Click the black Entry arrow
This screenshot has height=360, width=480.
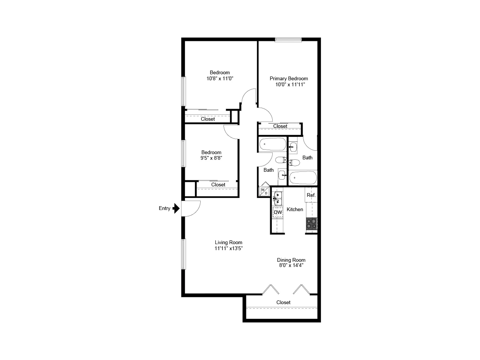(x=176, y=208)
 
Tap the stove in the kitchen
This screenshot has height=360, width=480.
(x=311, y=223)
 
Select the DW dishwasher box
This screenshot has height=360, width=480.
(x=278, y=212)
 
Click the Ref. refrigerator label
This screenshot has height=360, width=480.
(x=311, y=195)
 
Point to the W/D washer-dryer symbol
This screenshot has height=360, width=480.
(x=264, y=191)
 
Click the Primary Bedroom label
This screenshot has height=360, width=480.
(x=289, y=78)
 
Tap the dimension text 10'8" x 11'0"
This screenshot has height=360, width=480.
(x=220, y=78)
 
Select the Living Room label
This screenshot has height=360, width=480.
(x=228, y=242)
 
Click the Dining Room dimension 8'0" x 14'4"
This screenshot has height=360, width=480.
(x=291, y=265)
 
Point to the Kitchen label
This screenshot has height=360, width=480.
(x=295, y=209)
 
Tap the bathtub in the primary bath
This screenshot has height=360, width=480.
(x=303, y=178)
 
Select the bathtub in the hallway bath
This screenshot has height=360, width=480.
(x=273, y=144)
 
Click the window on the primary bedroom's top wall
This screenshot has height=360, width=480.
(x=288, y=40)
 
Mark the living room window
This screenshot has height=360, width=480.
(x=183, y=254)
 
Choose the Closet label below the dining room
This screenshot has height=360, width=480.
(x=283, y=302)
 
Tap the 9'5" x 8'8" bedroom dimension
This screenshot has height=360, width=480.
(x=211, y=158)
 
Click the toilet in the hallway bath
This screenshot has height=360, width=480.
(x=281, y=160)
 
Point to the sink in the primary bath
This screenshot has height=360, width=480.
(x=292, y=147)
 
